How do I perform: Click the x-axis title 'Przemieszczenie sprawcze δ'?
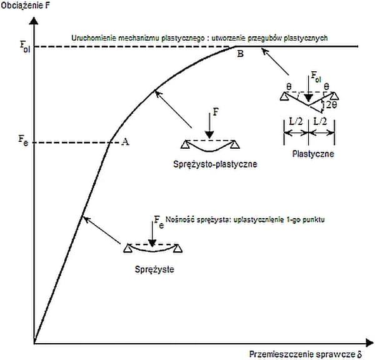click(305, 353)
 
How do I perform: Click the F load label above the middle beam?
click(216, 113)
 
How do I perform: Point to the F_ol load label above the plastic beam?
click(316, 79)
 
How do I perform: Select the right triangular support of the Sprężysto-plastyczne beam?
click(235, 144)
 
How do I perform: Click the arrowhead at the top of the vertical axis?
click(34, 21)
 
